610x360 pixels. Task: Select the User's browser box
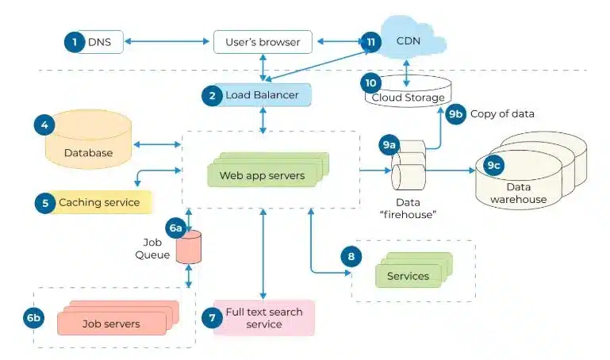263,41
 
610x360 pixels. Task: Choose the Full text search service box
263,318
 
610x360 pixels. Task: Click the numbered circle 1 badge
75,41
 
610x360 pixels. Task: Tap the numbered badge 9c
494,166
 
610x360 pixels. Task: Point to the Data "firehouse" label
409,209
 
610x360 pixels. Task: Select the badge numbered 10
370,82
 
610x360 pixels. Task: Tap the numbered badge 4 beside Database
44,124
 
